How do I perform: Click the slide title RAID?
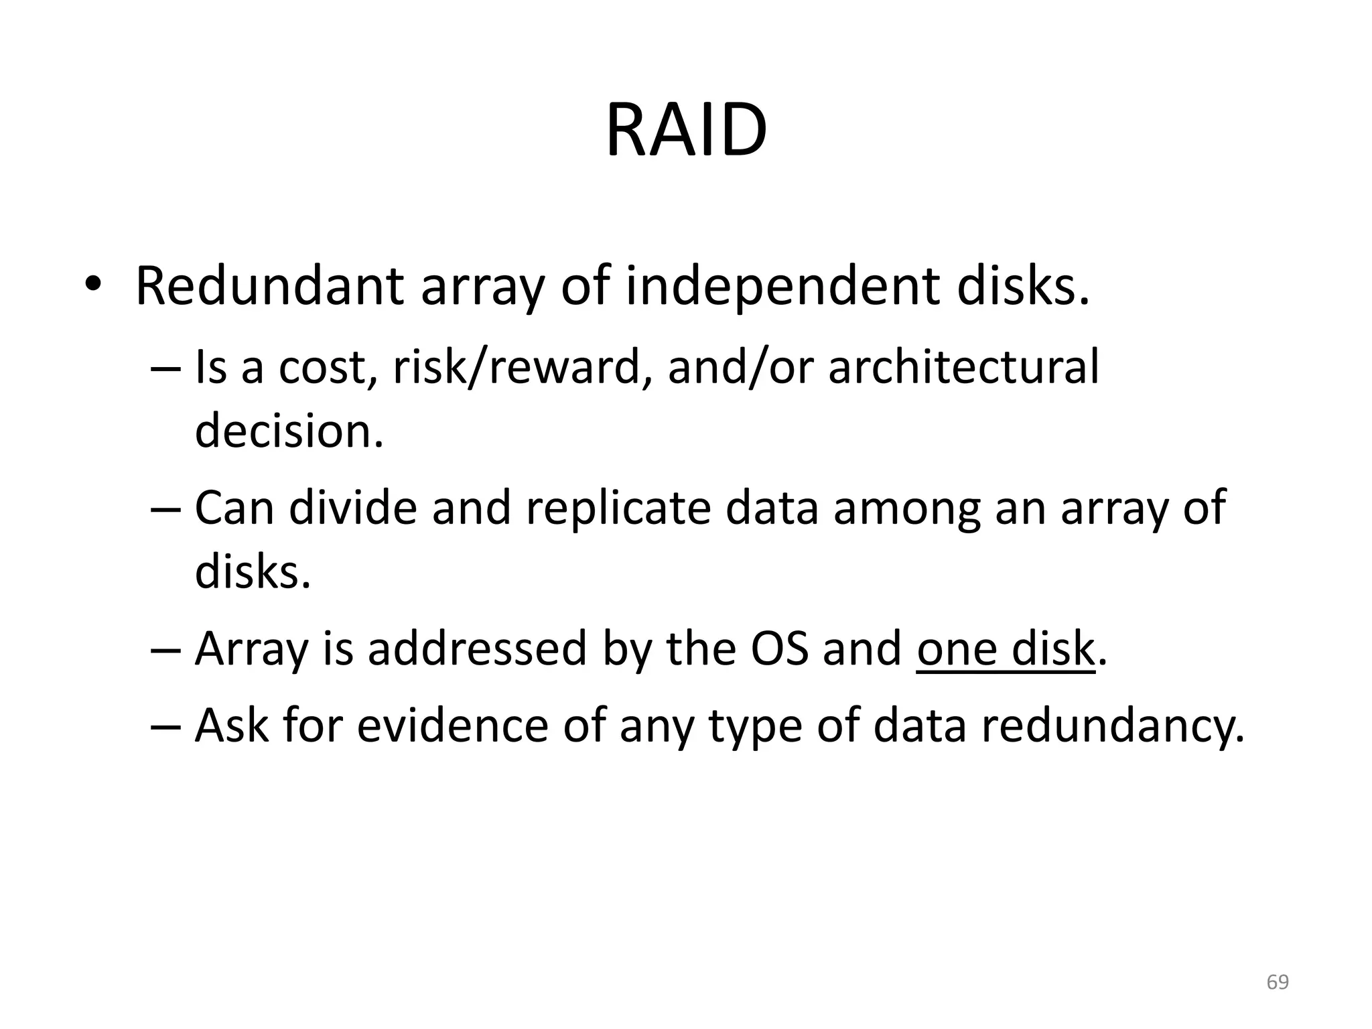[x=685, y=130]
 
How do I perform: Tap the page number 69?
[x=1278, y=982]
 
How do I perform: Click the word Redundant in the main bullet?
[x=269, y=287]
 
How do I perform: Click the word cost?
[x=322, y=367]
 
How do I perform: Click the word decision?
[x=289, y=430]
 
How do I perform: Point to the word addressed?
[x=476, y=648]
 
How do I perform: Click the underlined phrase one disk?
[x=1004, y=648]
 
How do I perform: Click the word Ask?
[x=231, y=725]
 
